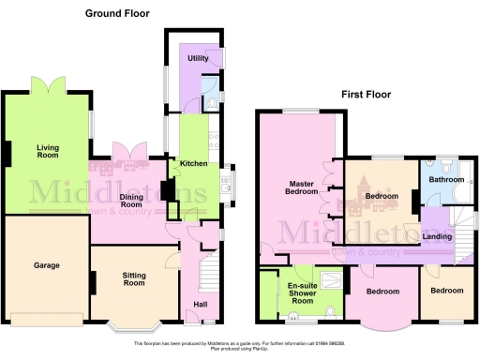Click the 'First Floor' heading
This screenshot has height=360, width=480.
pos(367,95)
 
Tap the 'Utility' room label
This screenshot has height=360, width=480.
pos(198,58)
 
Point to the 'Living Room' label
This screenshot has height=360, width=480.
pos(48,152)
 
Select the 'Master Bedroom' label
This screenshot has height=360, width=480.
pos(304,187)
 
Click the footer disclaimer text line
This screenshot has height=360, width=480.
pos(240,345)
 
